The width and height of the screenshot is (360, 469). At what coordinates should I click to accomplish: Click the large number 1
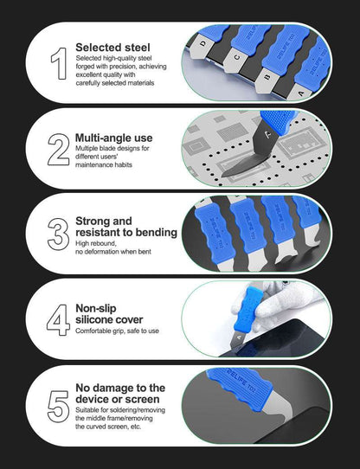pyautogui.click(x=58, y=64)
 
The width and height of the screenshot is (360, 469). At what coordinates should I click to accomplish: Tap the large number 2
pyautogui.click(x=58, y=150)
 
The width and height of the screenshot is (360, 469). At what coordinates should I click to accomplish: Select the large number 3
pyautogui.click(x=58, y=234)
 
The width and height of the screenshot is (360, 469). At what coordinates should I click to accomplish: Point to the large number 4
pyautogui.click(x=58, y=319)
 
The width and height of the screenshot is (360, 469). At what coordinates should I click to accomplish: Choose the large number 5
pyautogui.click(x=58, y=405)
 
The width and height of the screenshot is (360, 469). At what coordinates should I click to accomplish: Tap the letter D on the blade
pyautogui.click(x=202, y=40)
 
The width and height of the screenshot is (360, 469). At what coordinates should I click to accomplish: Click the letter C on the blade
pyautogui.click(x=236, y=60)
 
